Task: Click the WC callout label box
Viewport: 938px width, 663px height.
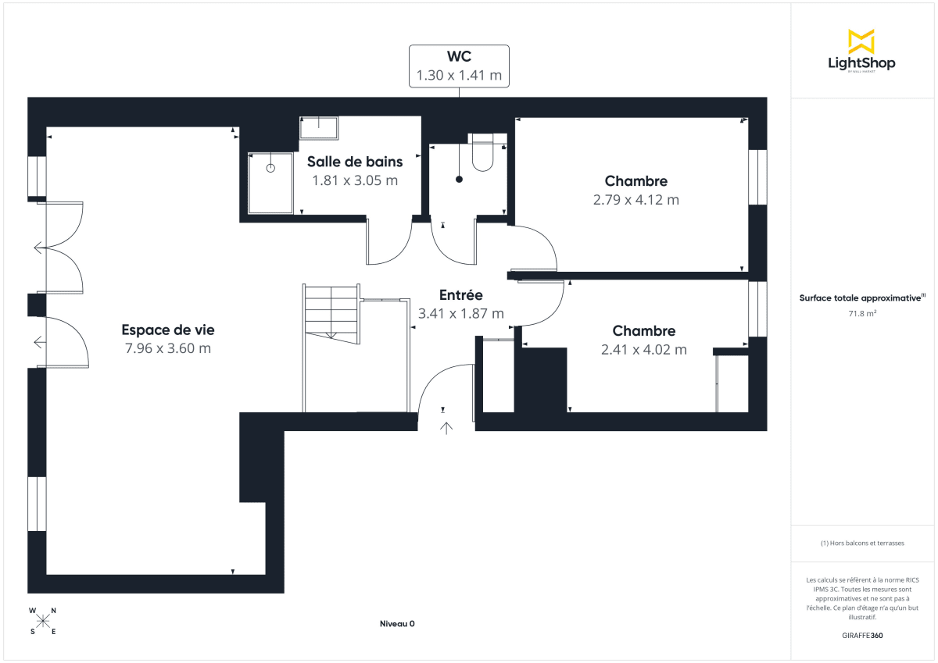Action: (x=459, y=66)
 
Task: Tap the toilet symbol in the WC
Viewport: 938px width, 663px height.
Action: (x=482, y=154)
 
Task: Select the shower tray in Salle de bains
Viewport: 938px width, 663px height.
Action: (x=270, y=183)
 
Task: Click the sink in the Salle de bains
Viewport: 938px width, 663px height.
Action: (x=319, y=128)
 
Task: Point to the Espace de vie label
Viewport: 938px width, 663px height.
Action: (x=168, y=330)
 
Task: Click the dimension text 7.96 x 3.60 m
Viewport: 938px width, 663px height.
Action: (x=168, y=348)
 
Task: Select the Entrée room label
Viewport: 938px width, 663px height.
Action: (x=461, y=295)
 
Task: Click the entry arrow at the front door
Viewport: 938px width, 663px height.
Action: (x=446, y=427)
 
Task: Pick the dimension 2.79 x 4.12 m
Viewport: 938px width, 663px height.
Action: (x=635, y=200)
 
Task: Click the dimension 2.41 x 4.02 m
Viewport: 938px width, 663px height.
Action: (x=643, y=350)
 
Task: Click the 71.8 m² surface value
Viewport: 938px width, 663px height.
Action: (x=862, y=313)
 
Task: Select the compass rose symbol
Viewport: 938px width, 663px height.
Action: (x=43, y=621)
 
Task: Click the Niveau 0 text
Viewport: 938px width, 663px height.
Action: (x=397, y=623)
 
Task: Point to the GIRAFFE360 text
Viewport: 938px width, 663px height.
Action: (x=862, y=636)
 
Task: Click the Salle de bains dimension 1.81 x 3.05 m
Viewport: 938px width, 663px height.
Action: (x=355, y=180)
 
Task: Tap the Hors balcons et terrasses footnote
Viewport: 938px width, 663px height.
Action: (x=862, y=543)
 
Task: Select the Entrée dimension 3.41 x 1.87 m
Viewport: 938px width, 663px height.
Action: (x=461, y=313)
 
